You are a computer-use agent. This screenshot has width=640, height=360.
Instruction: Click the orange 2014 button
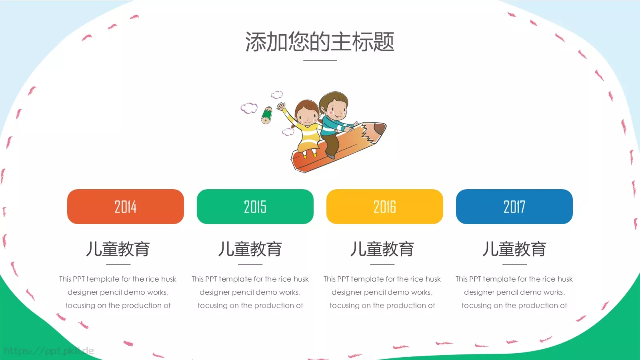tap(125, 206)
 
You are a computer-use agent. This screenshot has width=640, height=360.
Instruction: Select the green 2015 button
tap(255, 206)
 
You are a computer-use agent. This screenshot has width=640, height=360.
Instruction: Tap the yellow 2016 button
tap(384, 206)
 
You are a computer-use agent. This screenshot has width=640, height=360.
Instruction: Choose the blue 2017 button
tap(514, 206)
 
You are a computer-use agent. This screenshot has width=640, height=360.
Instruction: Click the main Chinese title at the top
tap(320, 42)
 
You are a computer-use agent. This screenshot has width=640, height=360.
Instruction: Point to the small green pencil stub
tap(266, 115)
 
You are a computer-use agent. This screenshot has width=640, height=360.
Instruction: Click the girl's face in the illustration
tap(307, 114)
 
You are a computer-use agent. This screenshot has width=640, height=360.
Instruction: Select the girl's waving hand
tap(282, 107)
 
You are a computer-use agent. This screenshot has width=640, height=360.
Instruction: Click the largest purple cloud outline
tap(249, 108)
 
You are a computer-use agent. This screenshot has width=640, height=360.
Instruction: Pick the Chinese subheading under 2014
tap(118, 249)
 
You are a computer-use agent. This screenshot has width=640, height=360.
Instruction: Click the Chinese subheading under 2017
tap(514, 249)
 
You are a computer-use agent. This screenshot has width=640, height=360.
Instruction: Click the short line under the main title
tap(320, 60)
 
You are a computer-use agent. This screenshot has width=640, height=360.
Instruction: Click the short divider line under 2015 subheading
tap(250, 264)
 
